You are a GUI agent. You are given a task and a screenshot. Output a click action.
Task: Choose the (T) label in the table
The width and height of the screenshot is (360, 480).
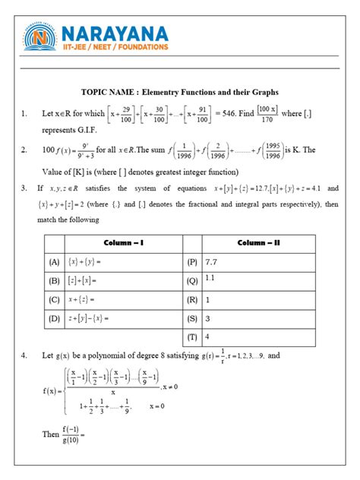193,335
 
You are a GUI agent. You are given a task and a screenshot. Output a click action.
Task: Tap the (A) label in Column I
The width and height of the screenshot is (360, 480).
54,261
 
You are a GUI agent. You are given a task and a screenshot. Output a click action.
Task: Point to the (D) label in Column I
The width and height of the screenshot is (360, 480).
54,317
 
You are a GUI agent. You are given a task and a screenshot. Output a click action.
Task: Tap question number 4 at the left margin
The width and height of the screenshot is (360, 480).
26,355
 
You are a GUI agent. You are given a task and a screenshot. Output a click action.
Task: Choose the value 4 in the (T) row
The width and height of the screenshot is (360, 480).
207,335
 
